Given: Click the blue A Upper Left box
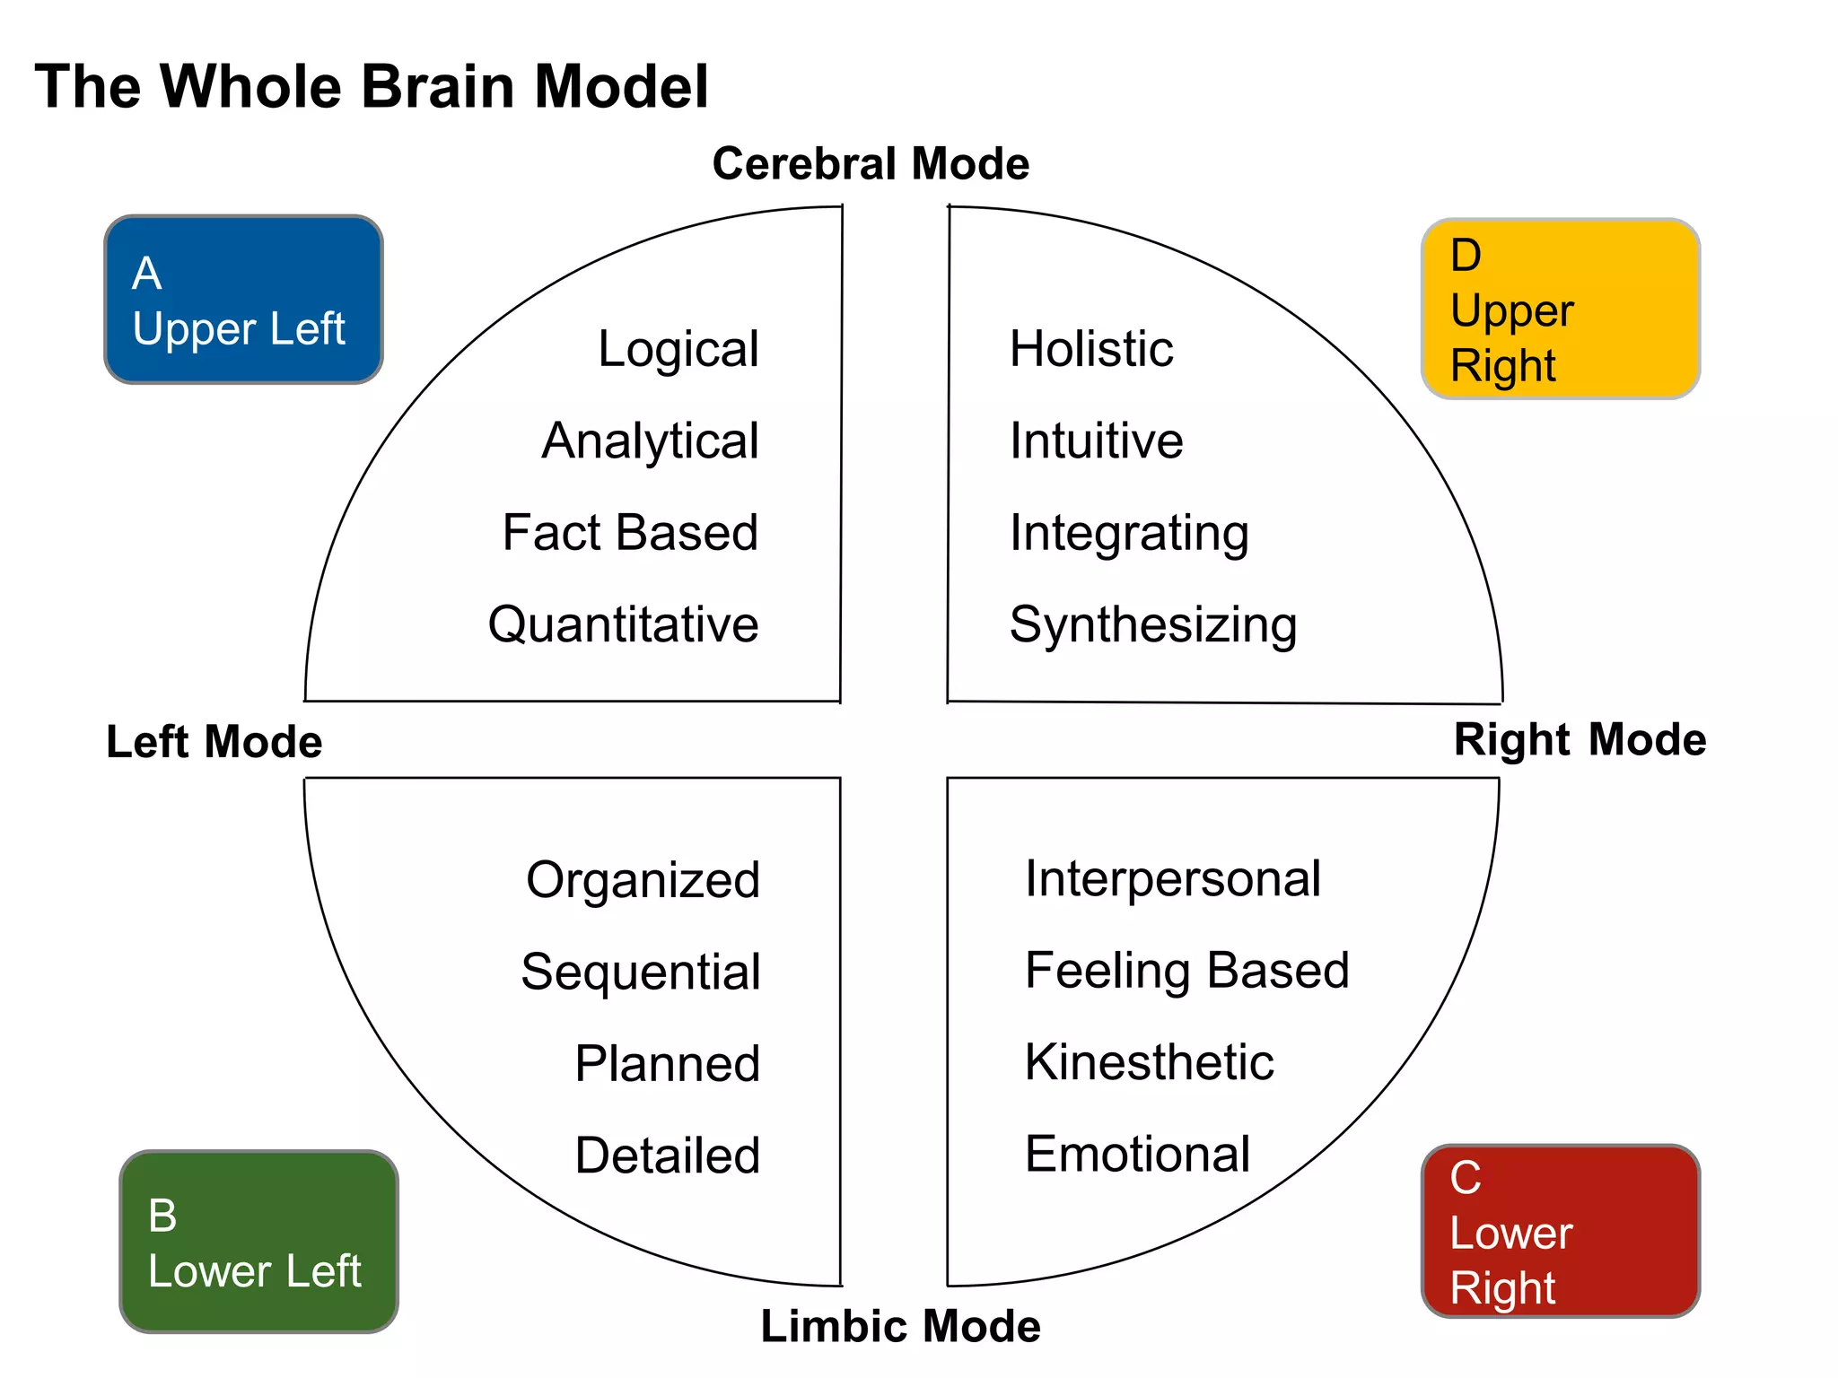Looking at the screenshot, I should pos(243,300).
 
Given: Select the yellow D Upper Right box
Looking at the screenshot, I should pos(1561,309).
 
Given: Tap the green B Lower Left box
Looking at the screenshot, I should pos(258,1242).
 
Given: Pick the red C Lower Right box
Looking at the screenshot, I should pos(1561,1232).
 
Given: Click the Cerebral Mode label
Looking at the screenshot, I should pos(871,164).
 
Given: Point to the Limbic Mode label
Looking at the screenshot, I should pos(900,1326).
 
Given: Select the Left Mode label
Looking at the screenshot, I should pos(214,742).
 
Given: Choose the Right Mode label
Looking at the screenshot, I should pos(1580,740).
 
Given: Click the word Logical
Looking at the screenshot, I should pos(678,349).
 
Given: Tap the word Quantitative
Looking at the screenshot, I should pos(623,624).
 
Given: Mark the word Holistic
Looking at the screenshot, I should pos(1090,349).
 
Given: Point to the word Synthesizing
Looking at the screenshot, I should pos(1153,625).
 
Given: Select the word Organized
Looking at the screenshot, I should pos(643,880).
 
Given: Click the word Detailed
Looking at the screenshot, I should pos(667,1156).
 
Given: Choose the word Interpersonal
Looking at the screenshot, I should pos(1172,879).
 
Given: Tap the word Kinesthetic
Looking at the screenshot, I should pos(1149,1063).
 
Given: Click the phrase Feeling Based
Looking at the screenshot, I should pos(1186,972).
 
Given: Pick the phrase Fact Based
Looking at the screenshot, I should pos(630,533).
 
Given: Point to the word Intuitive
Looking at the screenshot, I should pos(1096,441).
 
